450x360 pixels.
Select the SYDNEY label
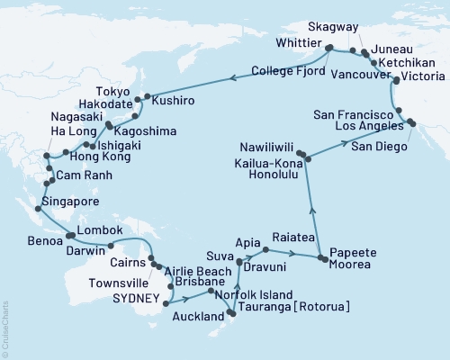pyautogui.click(x=134, y=298)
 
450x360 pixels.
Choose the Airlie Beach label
pyautogui.click(x=197, y=270)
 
